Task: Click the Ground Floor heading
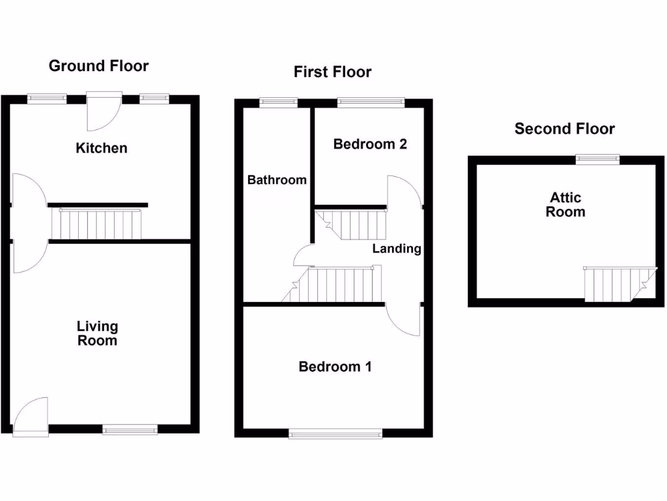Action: click(x=98, y=66)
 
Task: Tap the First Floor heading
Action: click(x=332, y=72)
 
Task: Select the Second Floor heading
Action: click(x=564, y=129)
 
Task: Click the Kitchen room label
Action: click(x=102, y=148)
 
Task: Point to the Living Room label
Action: click(x=97, y=333)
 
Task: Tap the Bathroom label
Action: click(x=276, y=180)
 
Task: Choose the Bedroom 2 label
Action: click(x=370, y=144)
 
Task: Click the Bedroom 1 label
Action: click(x=335, y=367)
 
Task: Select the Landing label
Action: click(x=397, y=249)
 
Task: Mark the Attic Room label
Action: click(x=565, y=204)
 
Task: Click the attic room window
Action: click(x=597, y=159)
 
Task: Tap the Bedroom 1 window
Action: click(x=335, y=433)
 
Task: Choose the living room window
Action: click(x=130, y=429)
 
